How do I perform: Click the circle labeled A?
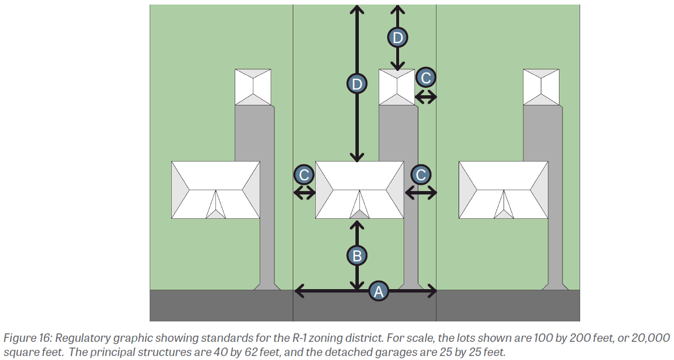(378, 291)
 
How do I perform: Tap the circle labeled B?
(357, 256)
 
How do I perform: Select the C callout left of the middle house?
(304, 175)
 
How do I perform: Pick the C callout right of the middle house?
(421, 175)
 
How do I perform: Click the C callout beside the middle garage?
(426, 78)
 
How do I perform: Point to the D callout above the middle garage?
(397, 37)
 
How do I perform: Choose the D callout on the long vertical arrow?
(357, 83)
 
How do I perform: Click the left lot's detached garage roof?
(253, 87)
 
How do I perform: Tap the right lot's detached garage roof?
(541, 87)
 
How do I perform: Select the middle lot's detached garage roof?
(397, 87)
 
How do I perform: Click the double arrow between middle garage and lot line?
(426, 98)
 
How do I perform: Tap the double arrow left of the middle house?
(304, 193)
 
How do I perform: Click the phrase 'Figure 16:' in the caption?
(28, 338)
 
